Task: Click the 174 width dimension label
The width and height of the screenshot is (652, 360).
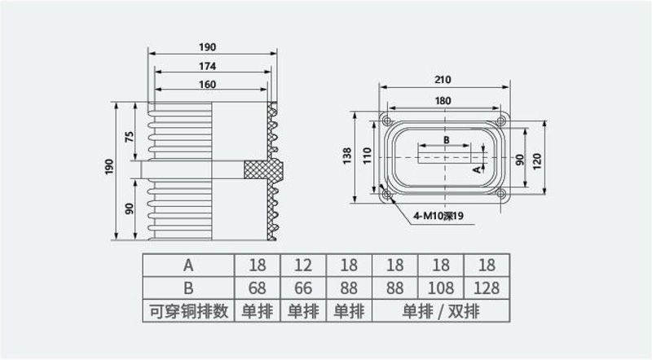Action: (x=207, y=66)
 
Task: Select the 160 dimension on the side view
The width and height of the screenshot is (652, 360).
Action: (x=207, y=85)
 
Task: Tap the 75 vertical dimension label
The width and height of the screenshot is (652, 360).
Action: (x=130, y=137)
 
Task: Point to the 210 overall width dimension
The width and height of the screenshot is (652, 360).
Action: (x=443, y=79)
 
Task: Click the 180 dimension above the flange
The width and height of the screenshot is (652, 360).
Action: (x=443, y=101)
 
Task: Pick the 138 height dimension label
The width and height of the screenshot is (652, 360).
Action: (x=347, y=156)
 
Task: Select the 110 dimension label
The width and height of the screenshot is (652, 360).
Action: (x=367, y=156)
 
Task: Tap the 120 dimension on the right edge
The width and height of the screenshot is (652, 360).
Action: (x=537, y=161)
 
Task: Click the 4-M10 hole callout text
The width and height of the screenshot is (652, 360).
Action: (x=438, y=216)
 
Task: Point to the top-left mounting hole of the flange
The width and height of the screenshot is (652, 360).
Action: (x=387, y=121)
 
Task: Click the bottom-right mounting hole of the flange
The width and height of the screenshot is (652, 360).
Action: (x=501, y=194)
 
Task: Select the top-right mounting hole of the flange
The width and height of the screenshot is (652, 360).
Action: (x=501, y=121)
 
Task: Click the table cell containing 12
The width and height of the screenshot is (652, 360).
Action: (x=303, y=266)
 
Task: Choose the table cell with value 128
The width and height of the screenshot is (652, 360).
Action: (x=487, y=288)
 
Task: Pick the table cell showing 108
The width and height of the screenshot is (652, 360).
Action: (x=441, y=288)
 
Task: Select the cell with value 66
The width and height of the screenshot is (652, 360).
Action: (x=303, y=288)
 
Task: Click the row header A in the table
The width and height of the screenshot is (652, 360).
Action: (x=188, y=266)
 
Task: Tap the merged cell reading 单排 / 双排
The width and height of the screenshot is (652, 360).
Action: (x=441, y=311)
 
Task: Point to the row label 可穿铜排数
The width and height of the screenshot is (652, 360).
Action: (x=189, y=311)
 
